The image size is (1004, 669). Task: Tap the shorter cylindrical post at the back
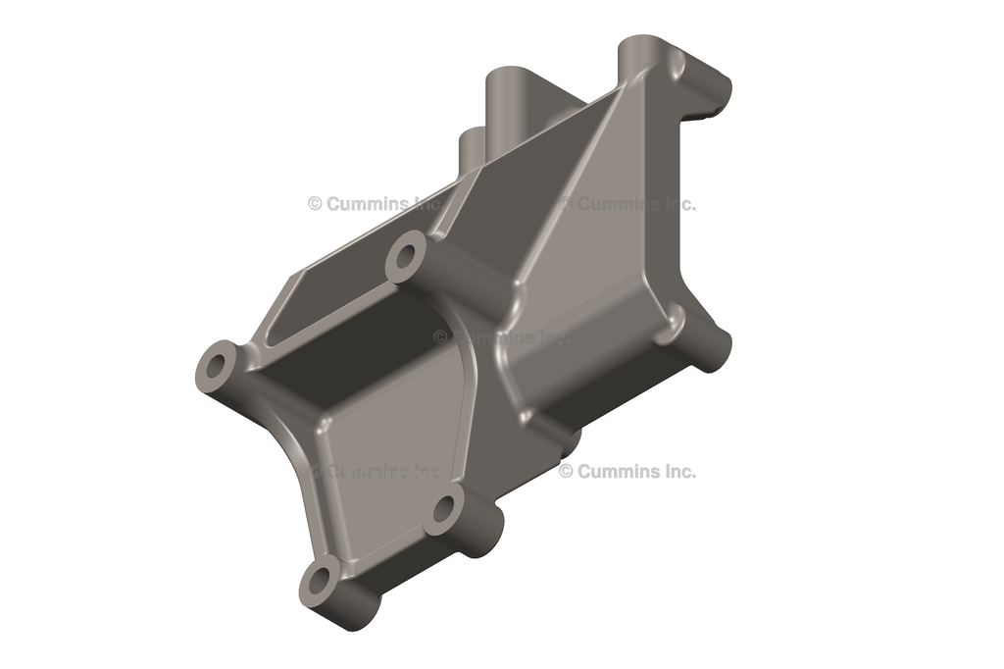474,147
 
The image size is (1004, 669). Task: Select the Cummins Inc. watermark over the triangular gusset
627,204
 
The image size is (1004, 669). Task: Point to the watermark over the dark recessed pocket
500,336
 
